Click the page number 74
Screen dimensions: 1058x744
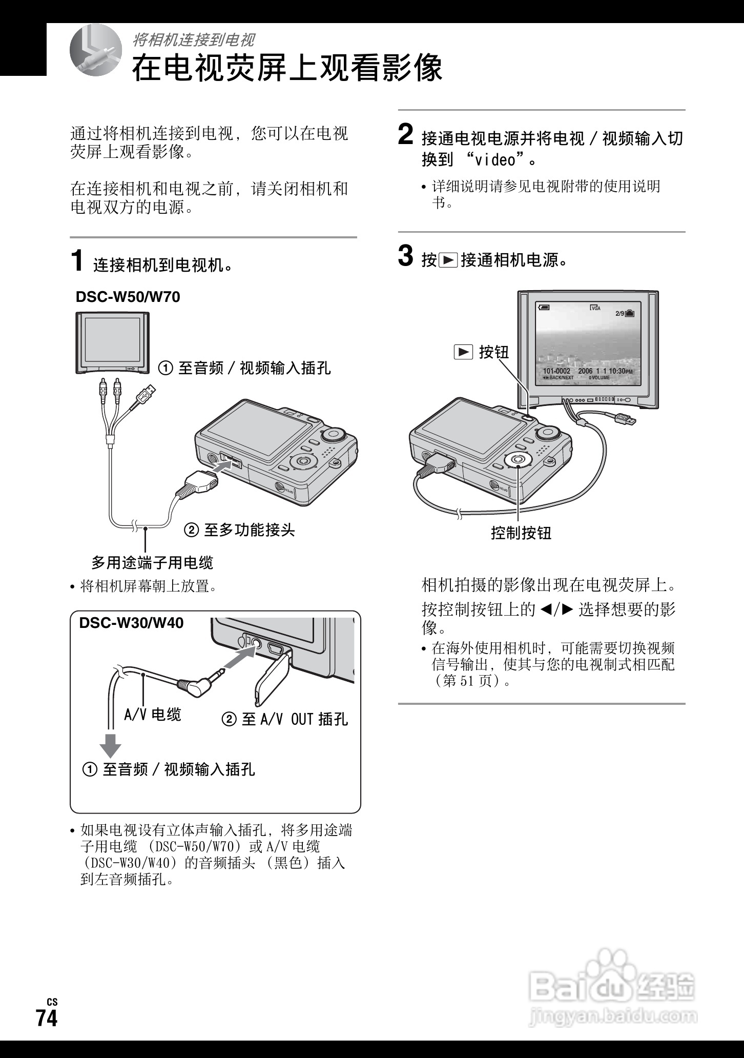(47, 1018)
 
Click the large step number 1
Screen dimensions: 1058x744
(77, 260)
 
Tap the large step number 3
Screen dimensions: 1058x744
(405, 256)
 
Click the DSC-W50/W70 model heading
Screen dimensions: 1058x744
(128, 297)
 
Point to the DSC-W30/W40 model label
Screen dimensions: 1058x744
(131, 623)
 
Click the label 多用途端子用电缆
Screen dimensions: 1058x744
(152, 563)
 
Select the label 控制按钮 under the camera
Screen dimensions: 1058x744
(521, 533)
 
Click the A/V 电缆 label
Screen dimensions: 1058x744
(153, 715)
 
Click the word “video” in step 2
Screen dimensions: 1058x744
(495, 160)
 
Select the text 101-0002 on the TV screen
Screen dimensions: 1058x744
(556, 371)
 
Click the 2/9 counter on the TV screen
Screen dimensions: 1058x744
(619, 313)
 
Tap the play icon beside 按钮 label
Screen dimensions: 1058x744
(463, 352)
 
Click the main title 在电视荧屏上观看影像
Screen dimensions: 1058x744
(287, 68)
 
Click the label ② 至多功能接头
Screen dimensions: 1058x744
(239, 530)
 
